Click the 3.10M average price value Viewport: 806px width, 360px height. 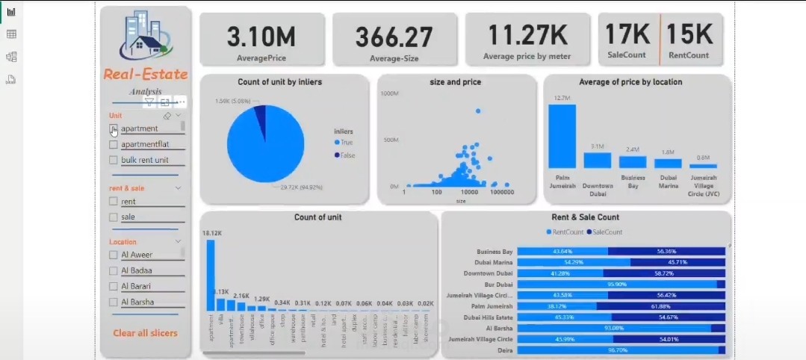click(x=261, y=36)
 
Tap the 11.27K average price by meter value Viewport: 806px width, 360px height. click(x=527, y=35)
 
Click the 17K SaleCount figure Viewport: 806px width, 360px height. click(x=627, y=34)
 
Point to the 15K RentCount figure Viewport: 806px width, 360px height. click(x=689, y=34)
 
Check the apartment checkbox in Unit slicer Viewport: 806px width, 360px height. click(x=114, y=128)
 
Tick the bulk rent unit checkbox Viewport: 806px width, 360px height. click(x=114, y=160)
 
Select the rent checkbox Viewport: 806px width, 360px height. click(x=114, y=201)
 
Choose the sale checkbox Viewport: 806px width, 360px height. click(x=114, y=217)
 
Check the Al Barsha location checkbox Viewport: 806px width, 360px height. click(x=114, y=302)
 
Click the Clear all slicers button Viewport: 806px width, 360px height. click(x=145, y=332)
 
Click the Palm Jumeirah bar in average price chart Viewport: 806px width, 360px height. click(x=562, y=136)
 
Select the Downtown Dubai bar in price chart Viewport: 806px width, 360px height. click(x=597, y=160)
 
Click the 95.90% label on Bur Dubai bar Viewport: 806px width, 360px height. click(x=616, y=285)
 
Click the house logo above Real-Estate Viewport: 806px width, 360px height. click(x=143, y=37)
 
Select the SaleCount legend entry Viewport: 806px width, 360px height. click(x=607, y=232)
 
